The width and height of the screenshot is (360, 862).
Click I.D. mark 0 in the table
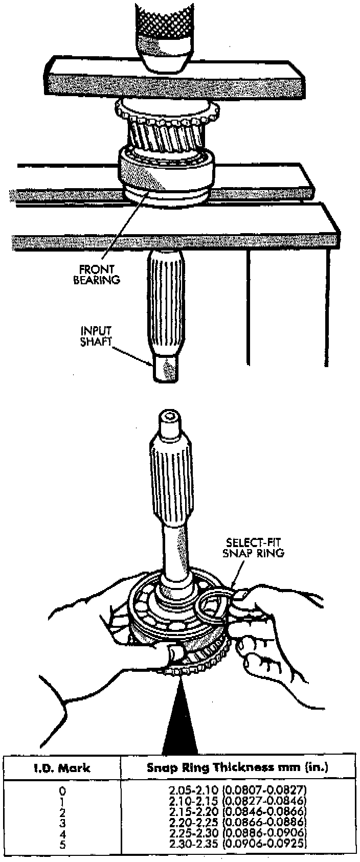[x=62, y=790]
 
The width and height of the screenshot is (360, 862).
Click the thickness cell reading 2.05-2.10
[x=237, y=790]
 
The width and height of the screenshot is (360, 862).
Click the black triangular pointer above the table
[x=179, y=721]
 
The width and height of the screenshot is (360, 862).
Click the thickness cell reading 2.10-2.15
[x=237, y=800]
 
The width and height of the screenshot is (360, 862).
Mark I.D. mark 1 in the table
[x=62, y=801]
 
